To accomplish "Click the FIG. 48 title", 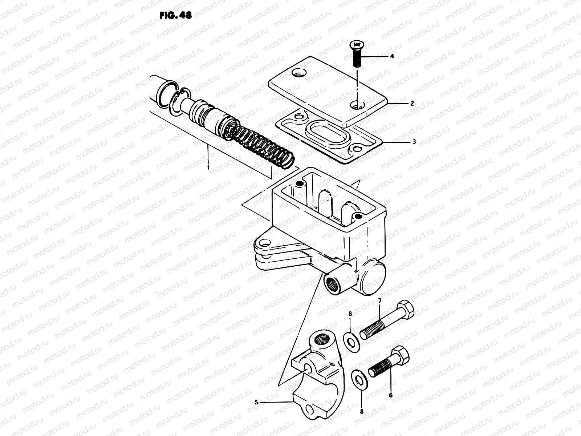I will (175, 16).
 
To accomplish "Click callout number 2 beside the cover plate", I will (412, 103).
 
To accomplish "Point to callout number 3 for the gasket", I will (414, 142).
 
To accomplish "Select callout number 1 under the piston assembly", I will (208, 168).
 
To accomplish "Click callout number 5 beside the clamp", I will (256, 402).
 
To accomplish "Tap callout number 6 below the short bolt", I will (391, 395).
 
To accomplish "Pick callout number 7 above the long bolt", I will (380, 300).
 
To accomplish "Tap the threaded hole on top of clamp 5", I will (320, 340).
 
